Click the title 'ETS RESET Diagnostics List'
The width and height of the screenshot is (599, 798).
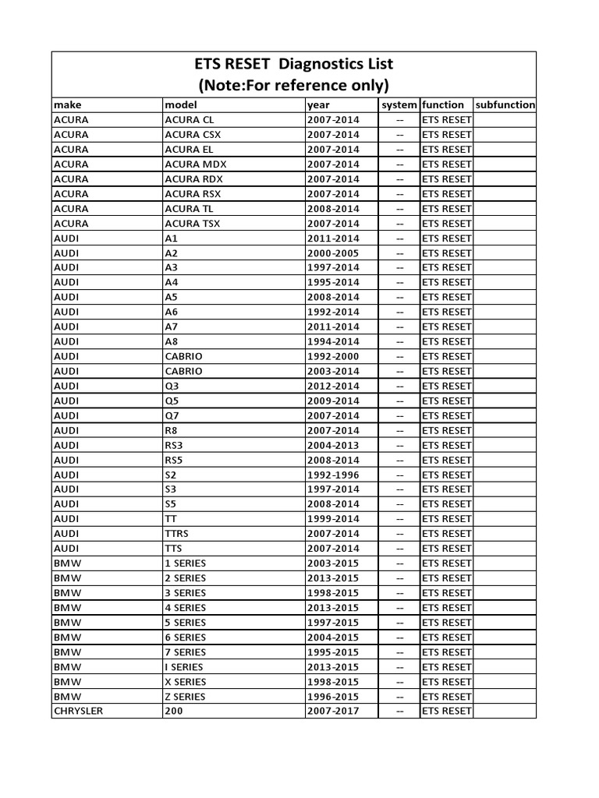(x=295, y=65)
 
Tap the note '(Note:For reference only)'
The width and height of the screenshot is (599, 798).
(x=295, y=85)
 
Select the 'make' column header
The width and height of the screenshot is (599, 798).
(x=68, y=104)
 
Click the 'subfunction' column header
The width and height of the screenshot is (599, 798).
(x=505, y=104)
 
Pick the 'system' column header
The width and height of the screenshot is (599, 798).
(x=399, y=104)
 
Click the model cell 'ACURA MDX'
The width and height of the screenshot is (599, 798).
(x=196, y=164)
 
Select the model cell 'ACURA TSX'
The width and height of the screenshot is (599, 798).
(x=193, y=223)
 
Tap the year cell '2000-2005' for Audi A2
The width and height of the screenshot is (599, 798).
(x=333, y=252)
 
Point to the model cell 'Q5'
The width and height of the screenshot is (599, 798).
(x=172, y=401)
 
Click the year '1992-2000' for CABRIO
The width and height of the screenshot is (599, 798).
(x=333, y=356)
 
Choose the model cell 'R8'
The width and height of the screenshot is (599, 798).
(x=172, y=430)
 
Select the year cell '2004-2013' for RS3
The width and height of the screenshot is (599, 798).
(x=333, y=445)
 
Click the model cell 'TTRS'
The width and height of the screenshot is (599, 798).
(x=177, y=534)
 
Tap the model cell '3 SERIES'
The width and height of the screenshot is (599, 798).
(x=186, y=593)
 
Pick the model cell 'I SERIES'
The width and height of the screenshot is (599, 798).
(x=184, y=667)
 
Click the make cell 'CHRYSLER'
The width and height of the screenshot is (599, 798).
(x=78, y=711)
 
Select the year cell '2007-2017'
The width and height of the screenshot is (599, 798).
(x=333, y=711)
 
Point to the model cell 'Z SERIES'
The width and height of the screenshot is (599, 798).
(x=186, y=697)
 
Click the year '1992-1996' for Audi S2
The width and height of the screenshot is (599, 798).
(x=333, y=475)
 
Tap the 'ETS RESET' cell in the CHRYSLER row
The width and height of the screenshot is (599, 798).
(x=446, y=711)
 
